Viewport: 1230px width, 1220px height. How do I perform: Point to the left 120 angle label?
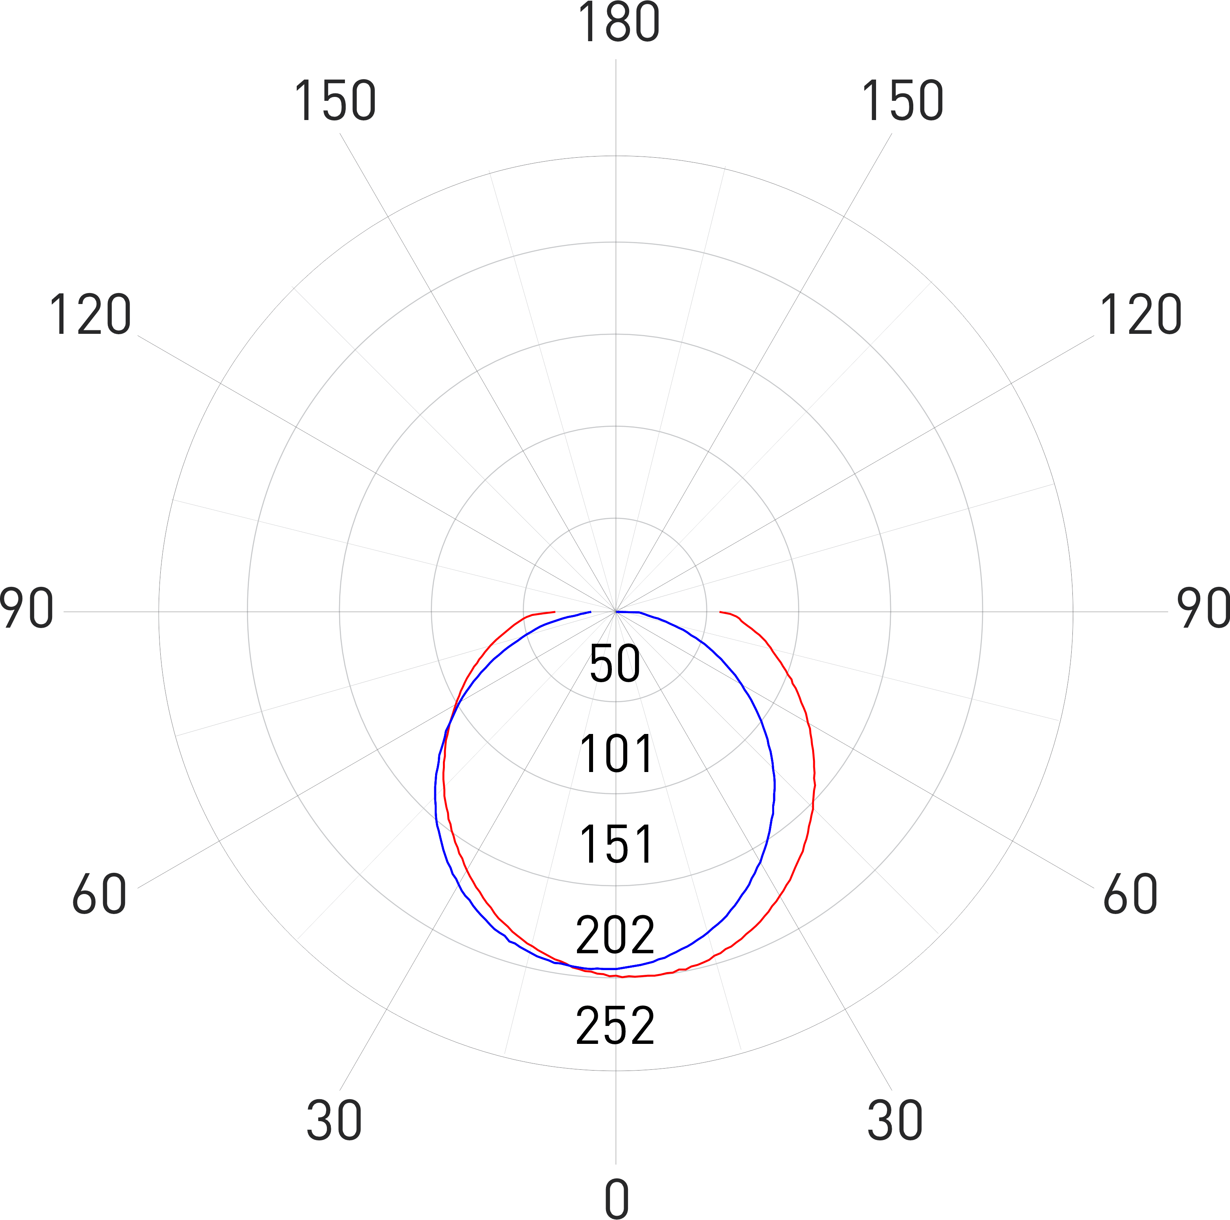tap(91, 315)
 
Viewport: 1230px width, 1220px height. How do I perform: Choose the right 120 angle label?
tap(1140, 315)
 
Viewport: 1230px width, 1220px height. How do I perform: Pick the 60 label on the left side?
tap(99, 894)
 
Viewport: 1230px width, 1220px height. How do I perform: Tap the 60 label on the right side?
tap(1130, 894)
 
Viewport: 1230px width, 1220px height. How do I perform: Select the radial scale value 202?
tap(615, 934)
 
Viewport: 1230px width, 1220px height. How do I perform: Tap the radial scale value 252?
tap(615, 1026)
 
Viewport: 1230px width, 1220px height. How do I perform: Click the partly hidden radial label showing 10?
tap(615, 755)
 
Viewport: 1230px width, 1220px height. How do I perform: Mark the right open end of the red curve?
tap(719, 612)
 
